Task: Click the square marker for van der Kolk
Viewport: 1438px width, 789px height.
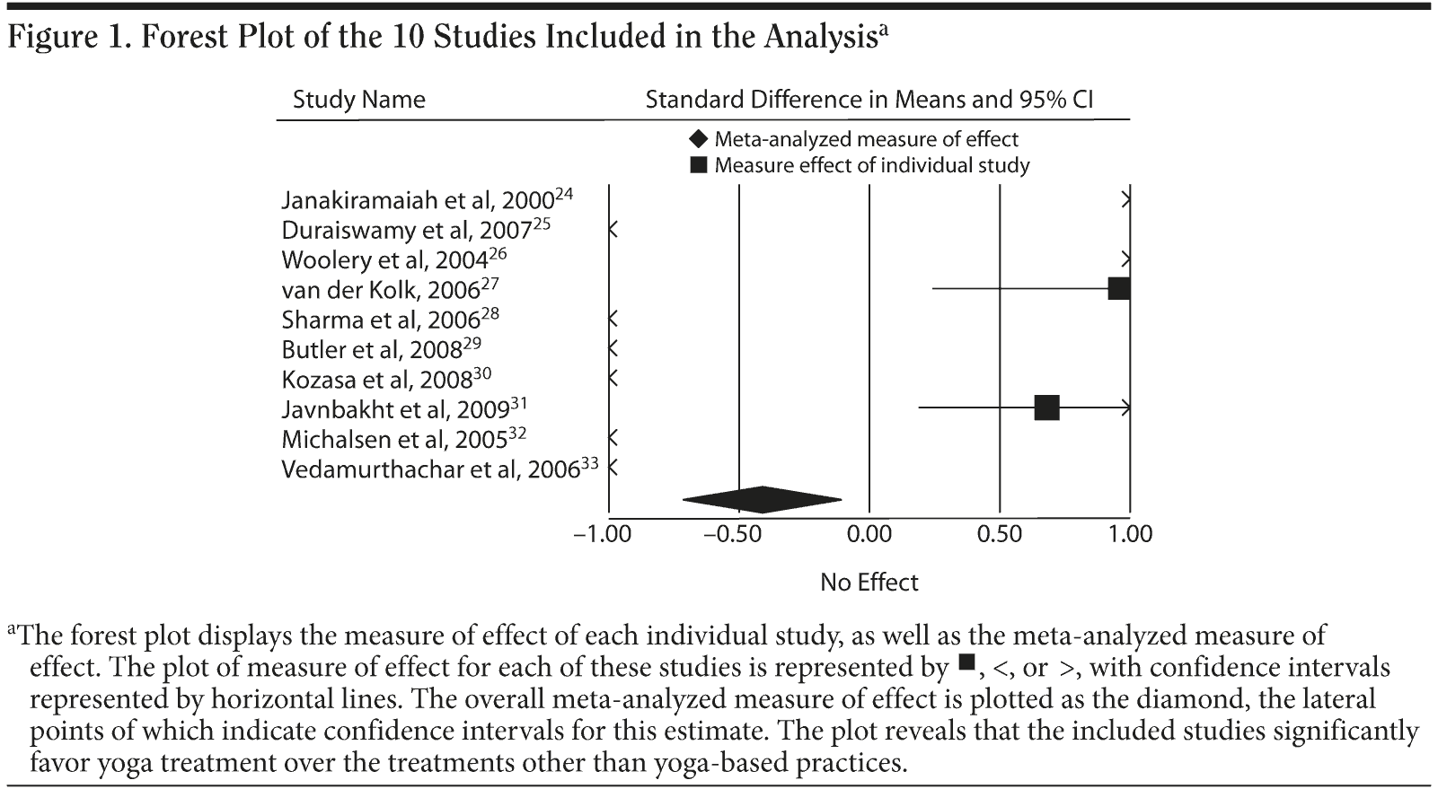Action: [x=1119, y=288]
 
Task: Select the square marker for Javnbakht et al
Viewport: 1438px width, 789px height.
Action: [x=1046, y=408]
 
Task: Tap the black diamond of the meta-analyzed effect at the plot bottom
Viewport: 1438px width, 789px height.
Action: [x=762, y=499]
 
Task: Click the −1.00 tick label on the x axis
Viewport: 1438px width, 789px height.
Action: [x=603, y=534]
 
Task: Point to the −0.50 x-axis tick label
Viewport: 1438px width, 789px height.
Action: [x=733, y=534]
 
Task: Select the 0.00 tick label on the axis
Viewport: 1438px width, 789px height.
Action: [x=869, y=534]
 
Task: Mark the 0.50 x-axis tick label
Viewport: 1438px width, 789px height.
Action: [x=1000, y=534]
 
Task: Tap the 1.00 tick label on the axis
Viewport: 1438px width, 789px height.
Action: [x=1130, y=534]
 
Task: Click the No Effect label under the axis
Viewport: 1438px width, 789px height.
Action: [x=869, y=583]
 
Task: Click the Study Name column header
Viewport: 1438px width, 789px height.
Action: [x=358, y=99]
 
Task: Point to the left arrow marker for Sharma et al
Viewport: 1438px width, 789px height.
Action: [x=613, y=319]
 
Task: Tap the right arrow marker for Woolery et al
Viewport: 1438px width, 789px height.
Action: [x=1125, y=259]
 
